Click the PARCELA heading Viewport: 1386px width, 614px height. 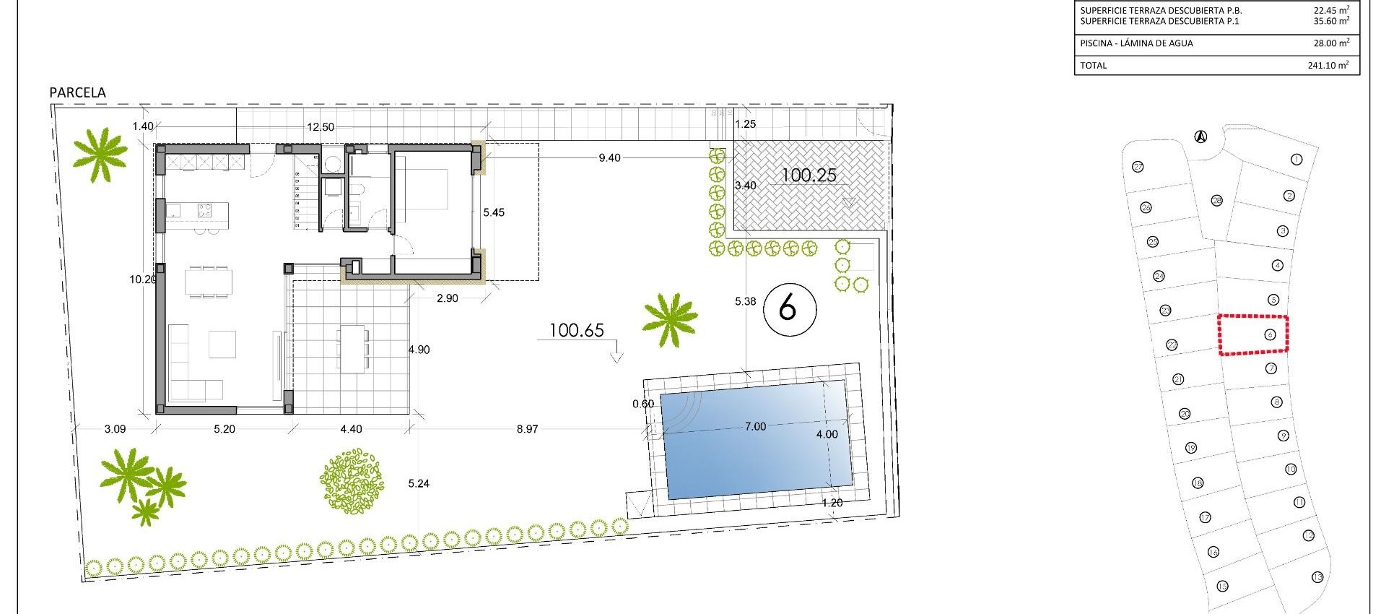tap(77, 92)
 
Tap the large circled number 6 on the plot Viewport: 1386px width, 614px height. tap(789, 309)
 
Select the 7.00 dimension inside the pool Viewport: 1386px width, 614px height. tap(755, 427)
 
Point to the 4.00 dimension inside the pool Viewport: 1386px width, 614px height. tap(827, 434)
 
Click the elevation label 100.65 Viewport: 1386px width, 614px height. tap(576, 331)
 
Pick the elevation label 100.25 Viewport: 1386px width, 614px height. tap(808, 175)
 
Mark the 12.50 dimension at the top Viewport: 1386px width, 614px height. tap(321, 127)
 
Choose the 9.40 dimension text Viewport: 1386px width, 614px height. tap(609, 158)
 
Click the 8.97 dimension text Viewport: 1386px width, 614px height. tap(527, 429)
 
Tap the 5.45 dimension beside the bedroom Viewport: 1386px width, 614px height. tap(494, 213)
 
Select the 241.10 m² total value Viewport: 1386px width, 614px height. tap(1328, 65)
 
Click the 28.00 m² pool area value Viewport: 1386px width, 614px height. tap(1330, 43)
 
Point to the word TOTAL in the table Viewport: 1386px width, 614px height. tap(1093, 65)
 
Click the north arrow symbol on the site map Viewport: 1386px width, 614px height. tap(1200, 136)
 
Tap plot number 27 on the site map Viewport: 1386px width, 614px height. tap(1138, 167)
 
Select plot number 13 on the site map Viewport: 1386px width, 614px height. tap(1317, 577)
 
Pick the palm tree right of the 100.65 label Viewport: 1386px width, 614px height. tap(669, 319)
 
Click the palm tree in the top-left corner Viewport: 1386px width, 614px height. tap(100, 155)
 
